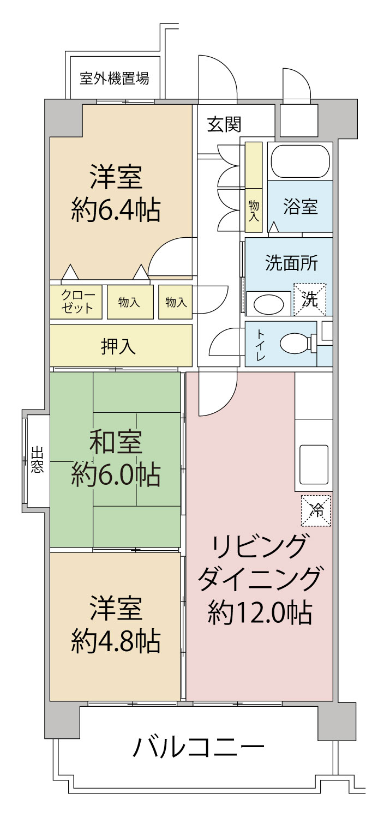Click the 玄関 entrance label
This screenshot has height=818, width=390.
point(224,125)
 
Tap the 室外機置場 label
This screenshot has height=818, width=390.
point(114,78)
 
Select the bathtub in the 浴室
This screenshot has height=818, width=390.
point(300,161)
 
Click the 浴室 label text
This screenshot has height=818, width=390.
point(301,207)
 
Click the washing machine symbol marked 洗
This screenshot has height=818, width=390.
point(310,299)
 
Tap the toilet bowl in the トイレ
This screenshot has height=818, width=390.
point(295,344)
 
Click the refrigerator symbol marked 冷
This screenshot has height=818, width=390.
point(316,511)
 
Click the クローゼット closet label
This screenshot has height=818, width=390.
point(77,302)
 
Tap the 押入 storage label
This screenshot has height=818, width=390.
point(118,346)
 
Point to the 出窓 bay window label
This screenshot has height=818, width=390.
point(37,460)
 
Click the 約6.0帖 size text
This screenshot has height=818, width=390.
point(116,475)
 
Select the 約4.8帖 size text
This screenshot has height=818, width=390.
point(116,641)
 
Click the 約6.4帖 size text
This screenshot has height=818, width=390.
point(116,209)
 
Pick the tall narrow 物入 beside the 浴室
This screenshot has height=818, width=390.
point(254,187)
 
